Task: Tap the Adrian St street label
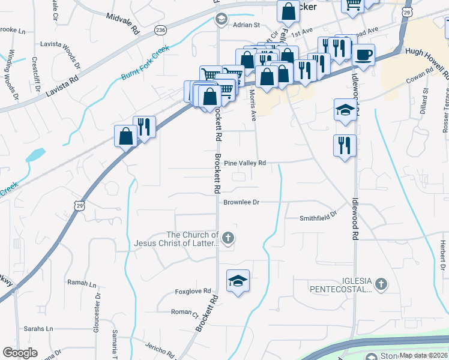click(246, 25)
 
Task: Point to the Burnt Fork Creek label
click(146, 64)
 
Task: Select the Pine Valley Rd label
click(253, 163)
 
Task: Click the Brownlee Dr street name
click(241, 202)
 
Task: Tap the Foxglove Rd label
click(193, 292)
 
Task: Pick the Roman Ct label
click(184, 313)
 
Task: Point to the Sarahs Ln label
click(38, 329)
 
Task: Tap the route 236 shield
click(160, 29)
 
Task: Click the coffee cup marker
click(363, 56)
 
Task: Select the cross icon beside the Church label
click(228, 239)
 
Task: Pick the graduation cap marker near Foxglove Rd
click(238, 280)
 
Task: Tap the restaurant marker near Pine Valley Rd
click(345, 145)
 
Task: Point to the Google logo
click(20, 353)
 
